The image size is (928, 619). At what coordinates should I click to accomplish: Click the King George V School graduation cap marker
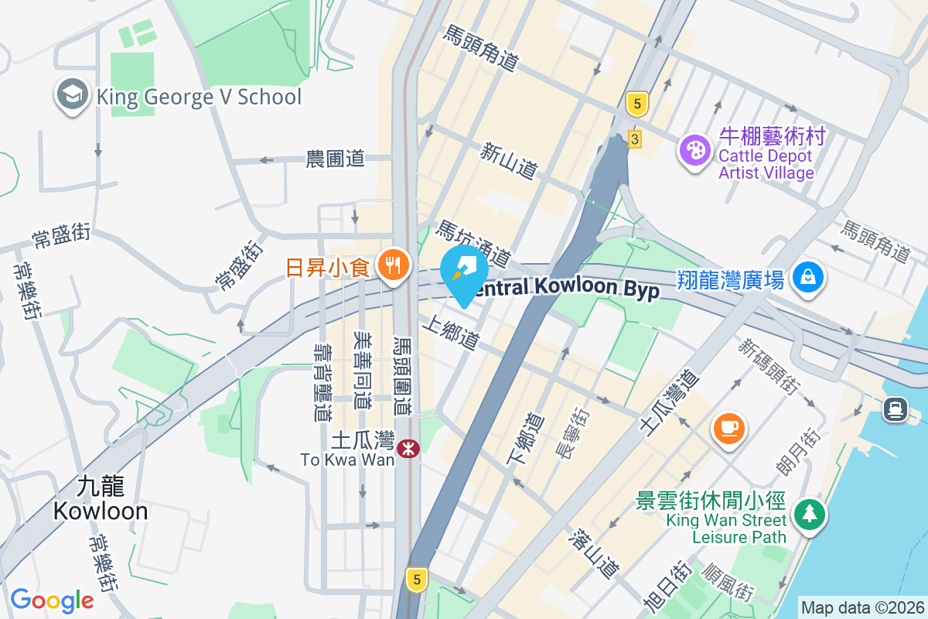pyautogui.click(x=71, y=95)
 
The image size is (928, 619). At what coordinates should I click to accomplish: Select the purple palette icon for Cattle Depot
pyautogui.click(x=695, y=149)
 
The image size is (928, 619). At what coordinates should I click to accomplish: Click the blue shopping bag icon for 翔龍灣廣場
pyautogui.click(x=807, y=275)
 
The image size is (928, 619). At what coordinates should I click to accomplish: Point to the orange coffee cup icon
pyautogui.click(x=729, y=426)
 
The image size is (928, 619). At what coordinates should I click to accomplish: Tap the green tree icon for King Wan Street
pyautogui.click(x=809, y=513)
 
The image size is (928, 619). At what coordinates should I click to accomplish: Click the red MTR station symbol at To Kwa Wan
pyautogui.click(x=408, y=448)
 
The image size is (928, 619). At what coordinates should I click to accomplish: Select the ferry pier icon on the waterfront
pyautogui.click(x=896, y=408)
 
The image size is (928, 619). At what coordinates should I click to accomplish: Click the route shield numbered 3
pyautogui.click(x=635, y=139)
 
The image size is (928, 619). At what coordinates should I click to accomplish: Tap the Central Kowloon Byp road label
pyautogui.click(x=568, y=288)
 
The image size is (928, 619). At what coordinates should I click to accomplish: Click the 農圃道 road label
pyautogui.click(x=335, y=159)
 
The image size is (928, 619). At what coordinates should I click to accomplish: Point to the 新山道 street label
pyautogui.click(x=508, y=161)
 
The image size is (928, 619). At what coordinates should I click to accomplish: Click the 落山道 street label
pyautogui.click(x=594, y=553)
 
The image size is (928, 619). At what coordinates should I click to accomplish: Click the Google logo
pyautogui.click(x=52, y=600)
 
